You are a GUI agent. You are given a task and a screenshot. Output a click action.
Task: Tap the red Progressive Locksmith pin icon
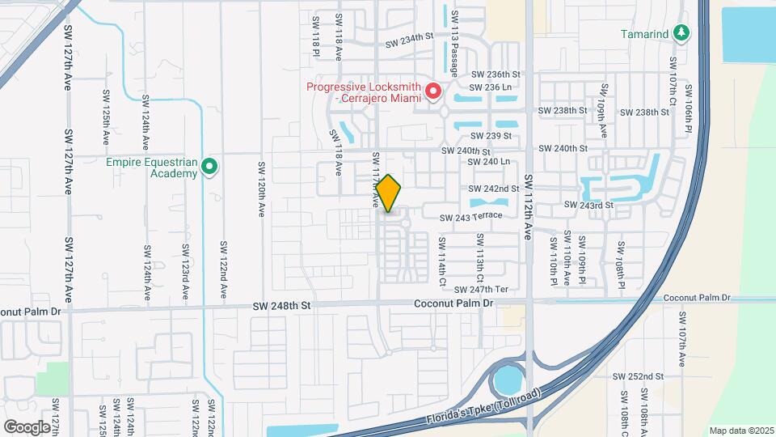433,91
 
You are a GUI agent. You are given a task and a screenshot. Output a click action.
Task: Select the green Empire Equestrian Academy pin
209,168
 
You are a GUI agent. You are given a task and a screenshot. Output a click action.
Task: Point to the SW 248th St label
281,305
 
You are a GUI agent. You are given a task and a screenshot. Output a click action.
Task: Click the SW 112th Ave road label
529,207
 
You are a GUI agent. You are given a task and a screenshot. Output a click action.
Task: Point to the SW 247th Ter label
481,289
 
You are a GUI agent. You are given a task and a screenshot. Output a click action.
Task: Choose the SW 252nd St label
638,376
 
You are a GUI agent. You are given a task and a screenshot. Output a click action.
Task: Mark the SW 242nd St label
494,189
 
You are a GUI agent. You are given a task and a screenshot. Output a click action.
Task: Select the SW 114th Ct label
442,261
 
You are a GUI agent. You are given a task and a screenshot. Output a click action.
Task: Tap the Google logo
27,426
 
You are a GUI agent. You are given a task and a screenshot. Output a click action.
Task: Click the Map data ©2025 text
740,431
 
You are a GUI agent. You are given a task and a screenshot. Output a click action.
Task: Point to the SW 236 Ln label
490,87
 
